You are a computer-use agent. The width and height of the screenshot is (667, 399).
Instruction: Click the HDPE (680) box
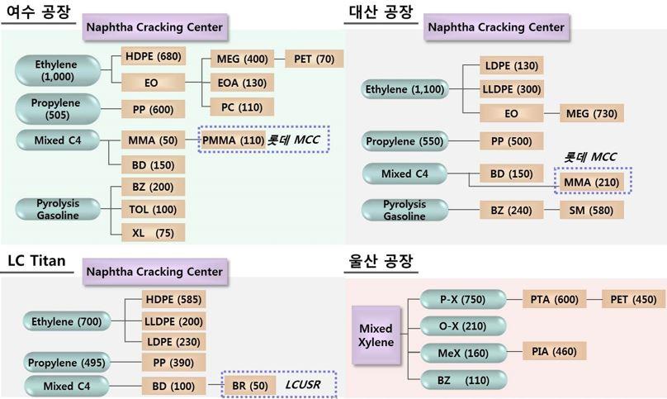[154, 56]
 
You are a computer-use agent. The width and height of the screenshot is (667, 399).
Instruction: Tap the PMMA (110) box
[234, 140]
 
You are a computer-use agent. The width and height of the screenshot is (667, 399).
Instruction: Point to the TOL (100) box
[154, 210]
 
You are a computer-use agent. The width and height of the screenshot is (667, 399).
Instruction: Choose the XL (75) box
[154, 233]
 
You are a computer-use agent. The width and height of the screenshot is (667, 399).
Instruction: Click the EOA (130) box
[242, 83]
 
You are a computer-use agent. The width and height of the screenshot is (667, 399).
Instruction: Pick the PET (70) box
[314, 59]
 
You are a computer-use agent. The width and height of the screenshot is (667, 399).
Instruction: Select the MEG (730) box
[592, 113]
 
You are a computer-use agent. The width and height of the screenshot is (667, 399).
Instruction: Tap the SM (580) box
[592, 211]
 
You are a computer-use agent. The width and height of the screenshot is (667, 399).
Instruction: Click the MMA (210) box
[592, 183]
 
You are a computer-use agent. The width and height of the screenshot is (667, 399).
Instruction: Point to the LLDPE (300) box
[512, 89]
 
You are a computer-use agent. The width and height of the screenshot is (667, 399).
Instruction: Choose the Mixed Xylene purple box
[376, 335]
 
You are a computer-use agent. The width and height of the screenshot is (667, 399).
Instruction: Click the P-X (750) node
[463, 300]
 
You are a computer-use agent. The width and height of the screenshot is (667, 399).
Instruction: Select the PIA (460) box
[554, 351]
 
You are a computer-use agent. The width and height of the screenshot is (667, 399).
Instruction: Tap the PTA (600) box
[554, 299]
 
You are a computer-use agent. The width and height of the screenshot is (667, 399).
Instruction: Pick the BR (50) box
[250, 386]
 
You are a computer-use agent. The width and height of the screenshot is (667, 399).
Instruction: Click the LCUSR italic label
[302, 385]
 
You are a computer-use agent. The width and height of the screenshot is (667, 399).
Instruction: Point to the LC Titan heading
[36, 260]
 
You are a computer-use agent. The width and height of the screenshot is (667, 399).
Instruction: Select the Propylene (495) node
[67, 363]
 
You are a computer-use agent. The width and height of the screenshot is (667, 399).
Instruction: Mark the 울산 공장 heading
[381, 260]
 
